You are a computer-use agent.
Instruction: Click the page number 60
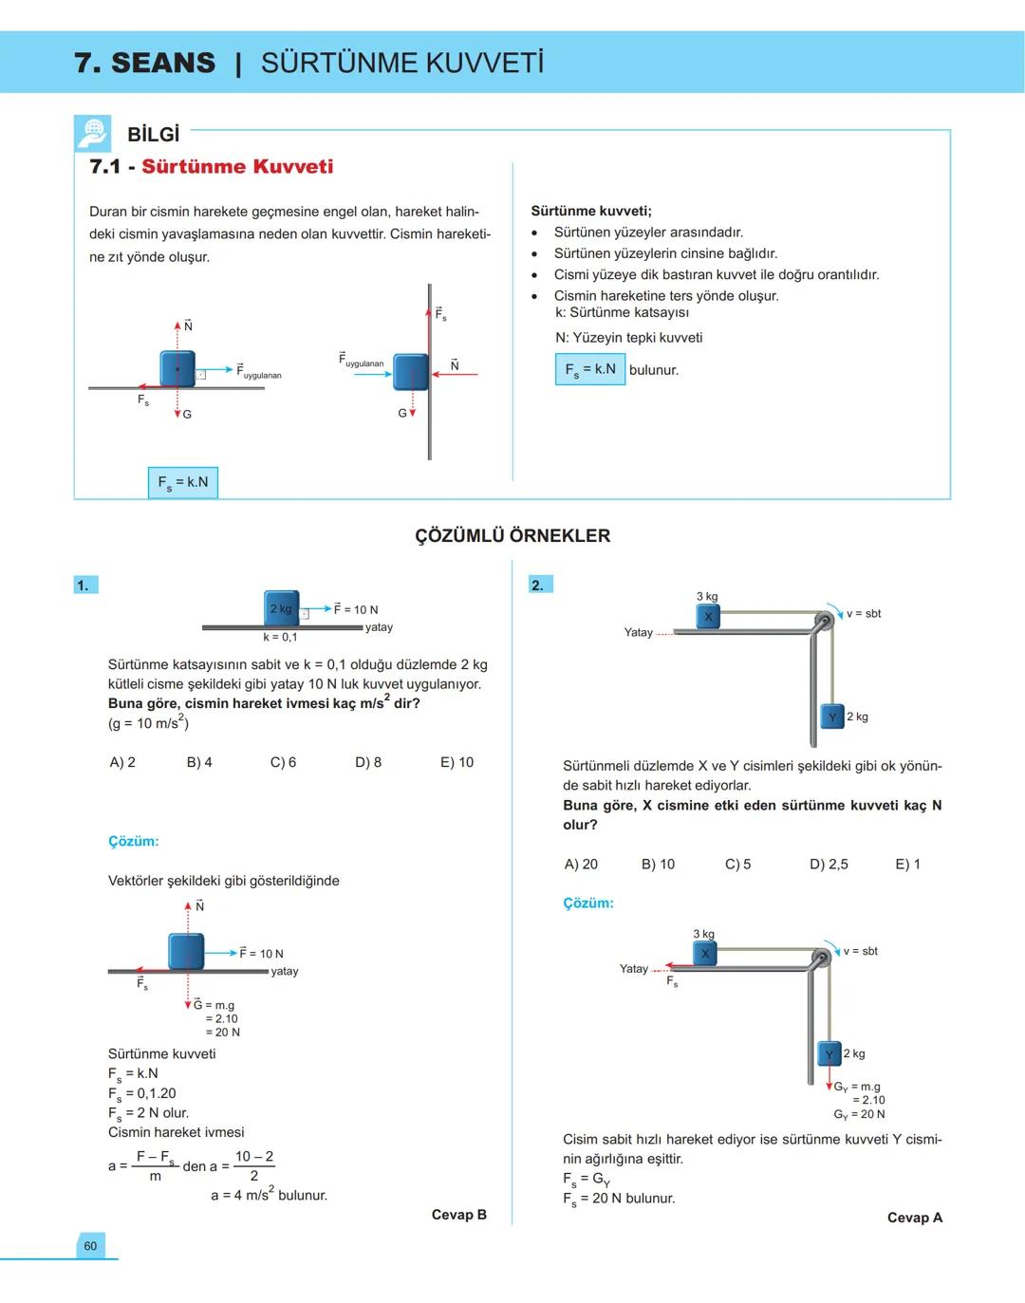point(90,1246)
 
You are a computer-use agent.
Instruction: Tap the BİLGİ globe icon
point(93,134)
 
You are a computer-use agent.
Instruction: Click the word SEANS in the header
point(163,63)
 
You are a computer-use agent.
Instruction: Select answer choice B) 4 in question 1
point(199,762)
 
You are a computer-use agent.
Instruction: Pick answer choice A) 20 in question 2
point(581,864)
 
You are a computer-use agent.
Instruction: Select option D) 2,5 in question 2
point(829,864)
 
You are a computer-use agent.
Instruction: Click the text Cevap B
point(458,1215)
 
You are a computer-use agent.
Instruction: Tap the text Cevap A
point(914,1218)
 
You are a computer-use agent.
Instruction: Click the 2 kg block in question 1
point(281,608)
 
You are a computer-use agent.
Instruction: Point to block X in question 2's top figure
point(708,617)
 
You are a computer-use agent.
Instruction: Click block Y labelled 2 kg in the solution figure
point(829,1053)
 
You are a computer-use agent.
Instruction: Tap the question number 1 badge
point(84,585)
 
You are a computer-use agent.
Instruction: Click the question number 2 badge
point(539,585)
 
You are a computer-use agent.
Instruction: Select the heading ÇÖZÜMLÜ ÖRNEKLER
point(512,535)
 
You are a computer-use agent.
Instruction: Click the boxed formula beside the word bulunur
point(589,369)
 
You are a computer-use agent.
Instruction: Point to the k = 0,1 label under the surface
point(280,637)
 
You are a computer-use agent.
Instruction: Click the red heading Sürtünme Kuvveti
point(237,167)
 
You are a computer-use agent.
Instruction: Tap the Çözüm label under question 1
point(133,841)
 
